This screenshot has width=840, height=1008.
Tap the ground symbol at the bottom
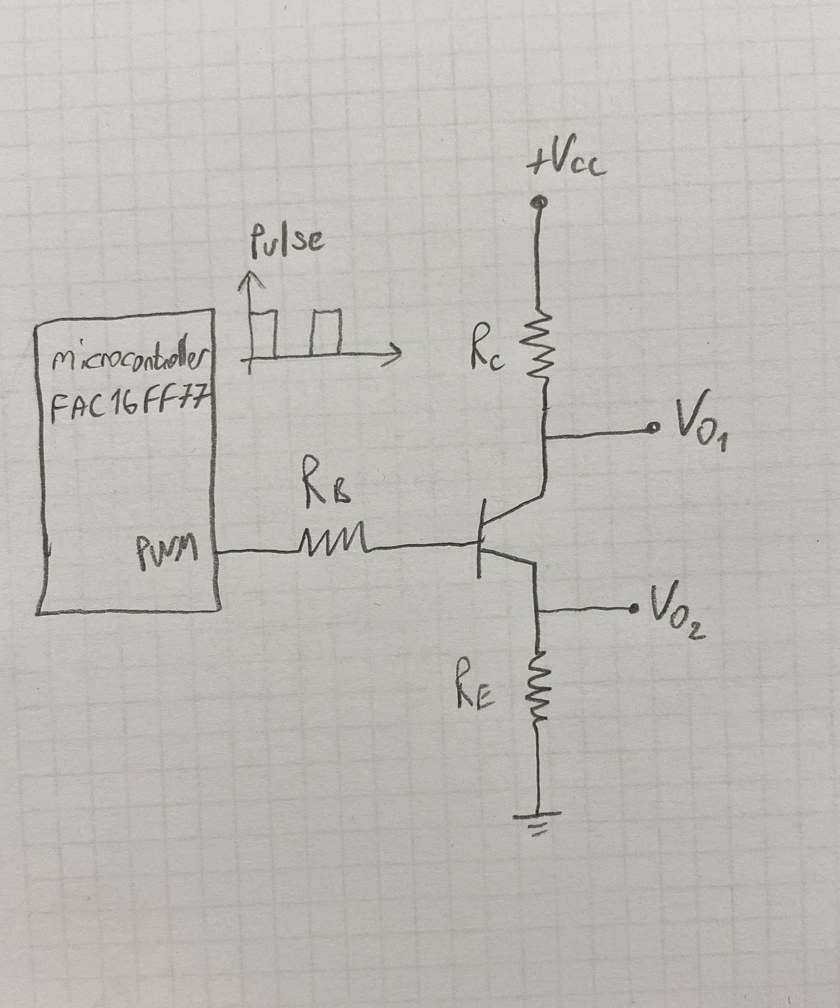tap(537, 821)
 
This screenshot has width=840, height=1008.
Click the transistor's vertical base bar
tap(480, 539)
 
